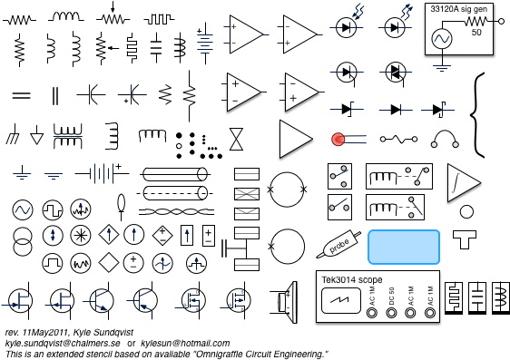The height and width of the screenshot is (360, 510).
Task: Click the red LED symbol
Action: pyautogui.click(x=338, y=139)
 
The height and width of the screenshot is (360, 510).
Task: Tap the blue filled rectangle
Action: pyautogui.click(x=404, y=247)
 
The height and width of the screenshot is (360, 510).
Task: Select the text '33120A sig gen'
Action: pyautogui.click(x=459, y=9)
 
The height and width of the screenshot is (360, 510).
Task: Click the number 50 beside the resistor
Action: pyautogui.click(x=476, y=33)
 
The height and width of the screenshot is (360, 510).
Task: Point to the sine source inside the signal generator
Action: pyautogui.click(x=441, y=39)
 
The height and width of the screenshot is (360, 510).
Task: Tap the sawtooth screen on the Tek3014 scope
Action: pyautogui.click(x=340, y=300)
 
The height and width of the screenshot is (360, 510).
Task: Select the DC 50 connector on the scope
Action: pyautogui.click(x=391, y=313)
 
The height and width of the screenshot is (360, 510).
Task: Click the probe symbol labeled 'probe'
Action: pyautogui.click(x=340, y=245)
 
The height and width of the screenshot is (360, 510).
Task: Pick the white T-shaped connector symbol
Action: pyautogui.click(x=464, y=238)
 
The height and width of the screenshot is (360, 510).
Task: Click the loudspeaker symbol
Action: pyautogui.click(x=288, y=301)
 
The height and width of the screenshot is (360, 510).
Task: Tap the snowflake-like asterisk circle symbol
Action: pyautogui.click(x=81, y=235)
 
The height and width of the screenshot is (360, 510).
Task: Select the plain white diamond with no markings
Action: pyautogui.click(x=109, y=263)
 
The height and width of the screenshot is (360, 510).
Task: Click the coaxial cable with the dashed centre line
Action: pyautogui.click(x=174, y=193)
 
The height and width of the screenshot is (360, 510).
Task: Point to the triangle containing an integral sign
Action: pyautogui.click(x=462, y=182)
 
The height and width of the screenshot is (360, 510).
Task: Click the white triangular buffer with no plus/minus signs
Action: pyautogui.click(x=294, y=139)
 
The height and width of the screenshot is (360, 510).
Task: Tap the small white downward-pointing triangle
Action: pyautogui.click(x=37, y=139)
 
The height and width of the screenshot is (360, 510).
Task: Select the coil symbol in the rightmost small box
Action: pyautogui.click(x=501, y=297)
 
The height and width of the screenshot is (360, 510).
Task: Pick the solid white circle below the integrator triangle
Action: pyautogui.click(x=466, y=212)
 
